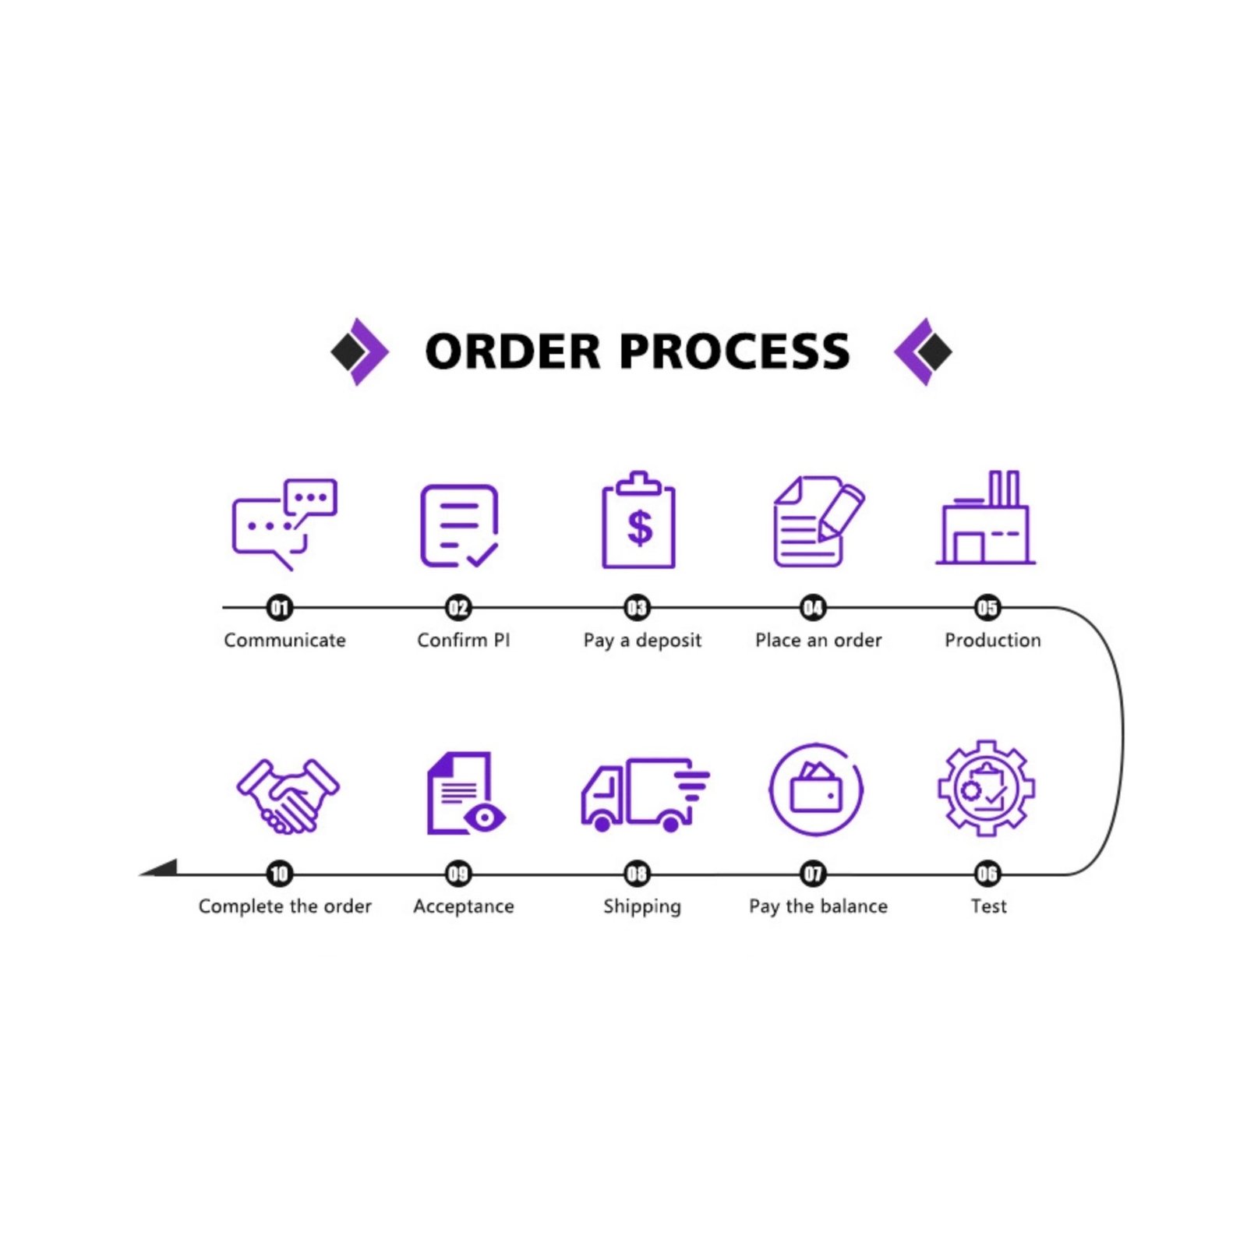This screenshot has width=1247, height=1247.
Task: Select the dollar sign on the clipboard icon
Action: click(639, 528)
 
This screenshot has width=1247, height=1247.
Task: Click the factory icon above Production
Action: click(986, 518)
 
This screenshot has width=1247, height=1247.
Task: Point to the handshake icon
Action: click(288, 796)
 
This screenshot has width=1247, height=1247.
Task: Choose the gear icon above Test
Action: click(986, 788)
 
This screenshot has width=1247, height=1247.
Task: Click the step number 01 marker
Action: click(279, 607)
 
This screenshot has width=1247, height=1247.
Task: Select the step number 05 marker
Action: click(987, 607)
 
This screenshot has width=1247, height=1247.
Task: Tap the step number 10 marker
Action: click(279, 874)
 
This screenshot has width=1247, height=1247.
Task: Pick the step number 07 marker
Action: click(813, 874)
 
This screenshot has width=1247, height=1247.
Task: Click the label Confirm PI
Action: click(464, 640)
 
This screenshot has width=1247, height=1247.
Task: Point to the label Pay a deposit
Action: click(642, 641)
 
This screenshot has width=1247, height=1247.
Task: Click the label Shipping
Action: click(642, 906)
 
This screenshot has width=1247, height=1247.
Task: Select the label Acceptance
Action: click(464, 906)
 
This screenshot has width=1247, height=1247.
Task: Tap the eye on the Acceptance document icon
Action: click(485, 818)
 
